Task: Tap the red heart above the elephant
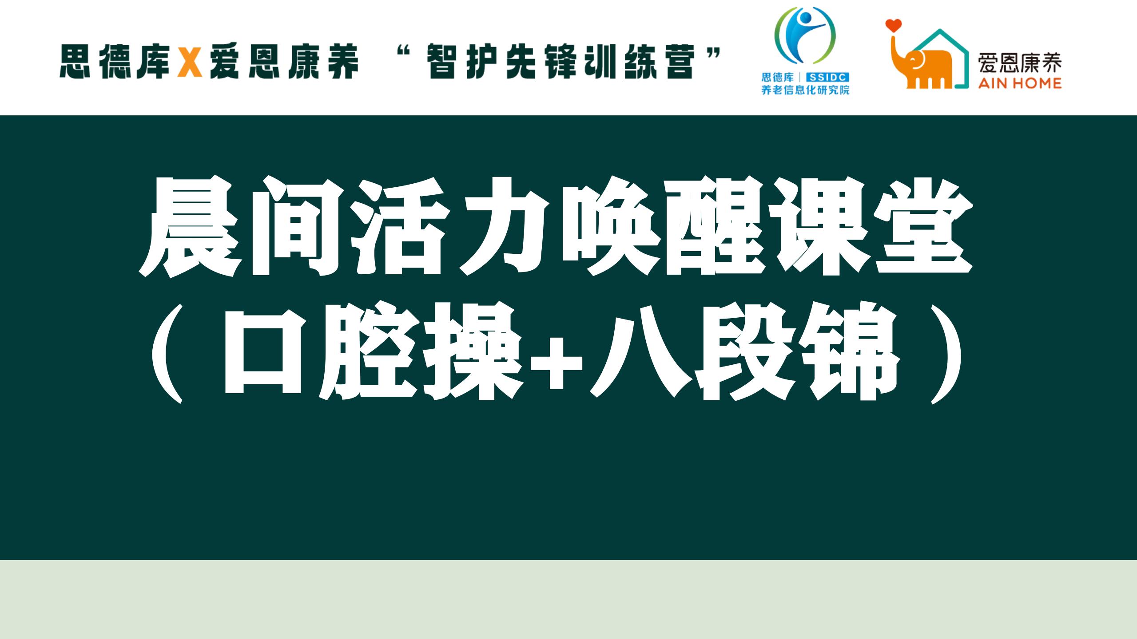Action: pyautogui.click(x=893, y=25)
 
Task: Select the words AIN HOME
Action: pyautogui.click(x=1020, y=83)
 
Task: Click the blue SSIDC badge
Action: pyautogui.click(x=827, y=77)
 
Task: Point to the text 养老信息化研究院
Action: pyautogui.click(x=805, y=90)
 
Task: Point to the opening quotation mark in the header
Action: pyautogui.click(x=403, y=54)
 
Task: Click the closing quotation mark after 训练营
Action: pyautogui.click(x=712, y=54)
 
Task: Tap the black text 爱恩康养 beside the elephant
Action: pyautogui.click(x=1020, y=63)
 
